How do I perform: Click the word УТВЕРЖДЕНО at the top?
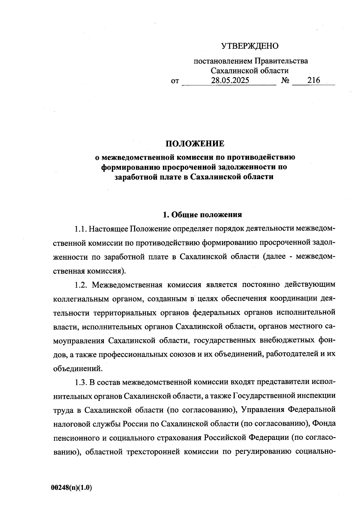[250, 46]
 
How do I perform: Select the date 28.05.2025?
[230, 80]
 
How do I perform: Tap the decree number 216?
[314, 80]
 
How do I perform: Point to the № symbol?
[285, 81]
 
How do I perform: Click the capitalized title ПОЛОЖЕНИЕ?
[195, 144]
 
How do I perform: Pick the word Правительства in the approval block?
[281, 61]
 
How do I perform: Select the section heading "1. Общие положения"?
[202, 215]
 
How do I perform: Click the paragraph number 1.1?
[80, 229]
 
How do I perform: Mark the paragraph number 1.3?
[80, 382]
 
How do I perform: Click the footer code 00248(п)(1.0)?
[71, 488]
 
